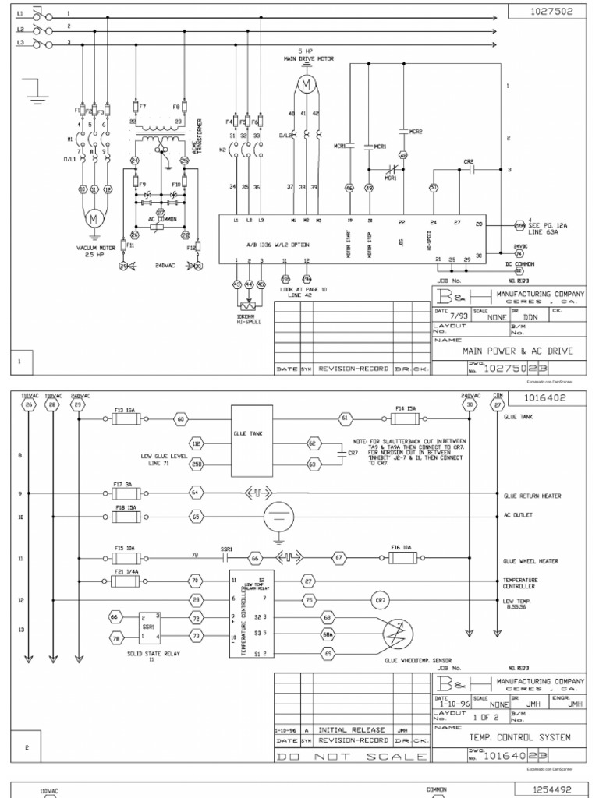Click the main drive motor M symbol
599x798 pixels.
[306, 82]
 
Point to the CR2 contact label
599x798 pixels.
[469, 161]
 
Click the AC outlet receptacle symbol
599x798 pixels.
[275, 516]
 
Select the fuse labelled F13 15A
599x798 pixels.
[126, 419]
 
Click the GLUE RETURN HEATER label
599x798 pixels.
[533, 496]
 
